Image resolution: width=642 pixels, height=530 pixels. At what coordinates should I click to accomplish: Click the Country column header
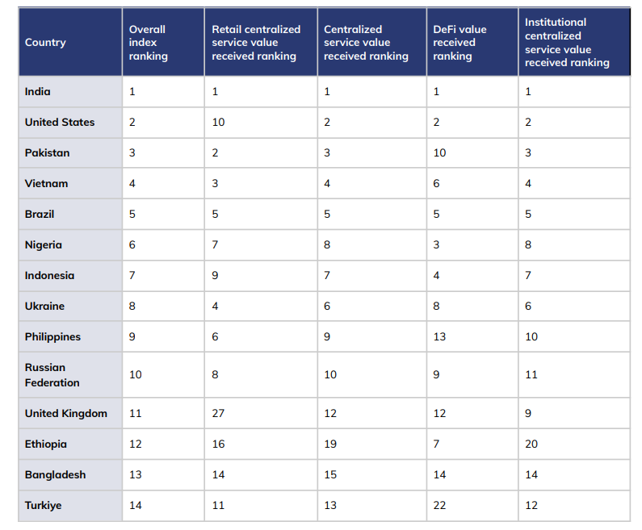[45, 42]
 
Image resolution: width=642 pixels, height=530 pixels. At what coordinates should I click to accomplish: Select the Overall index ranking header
[148, 42]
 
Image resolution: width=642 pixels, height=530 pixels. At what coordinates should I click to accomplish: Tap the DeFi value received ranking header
[459, 42]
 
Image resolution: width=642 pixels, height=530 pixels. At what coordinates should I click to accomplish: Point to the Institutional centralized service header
[567, 42]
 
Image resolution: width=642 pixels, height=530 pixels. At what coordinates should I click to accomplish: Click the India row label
[38, 92]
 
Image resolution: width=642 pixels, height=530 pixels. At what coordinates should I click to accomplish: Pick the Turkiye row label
[43, 505]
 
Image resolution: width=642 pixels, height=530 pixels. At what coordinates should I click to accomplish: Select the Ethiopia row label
[46, 444]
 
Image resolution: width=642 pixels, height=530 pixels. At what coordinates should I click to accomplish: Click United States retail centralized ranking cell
[218, 123]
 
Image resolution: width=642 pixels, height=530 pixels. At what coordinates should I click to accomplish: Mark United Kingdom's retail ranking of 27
[218, 413]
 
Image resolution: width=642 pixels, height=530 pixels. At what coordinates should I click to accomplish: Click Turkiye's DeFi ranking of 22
[439, 505]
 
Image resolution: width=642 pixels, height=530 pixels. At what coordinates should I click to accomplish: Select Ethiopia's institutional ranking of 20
[531, 444]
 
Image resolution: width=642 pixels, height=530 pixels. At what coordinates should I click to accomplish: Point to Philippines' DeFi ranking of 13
[439, 336]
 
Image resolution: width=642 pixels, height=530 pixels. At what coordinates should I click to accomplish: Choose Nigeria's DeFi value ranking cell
[436, 244]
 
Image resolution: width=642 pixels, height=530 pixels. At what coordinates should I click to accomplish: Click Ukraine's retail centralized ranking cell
[216, 306]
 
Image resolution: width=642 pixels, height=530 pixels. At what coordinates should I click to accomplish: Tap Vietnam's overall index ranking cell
[132, 183]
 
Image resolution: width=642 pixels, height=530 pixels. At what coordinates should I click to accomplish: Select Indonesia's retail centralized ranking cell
[216, 275]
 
